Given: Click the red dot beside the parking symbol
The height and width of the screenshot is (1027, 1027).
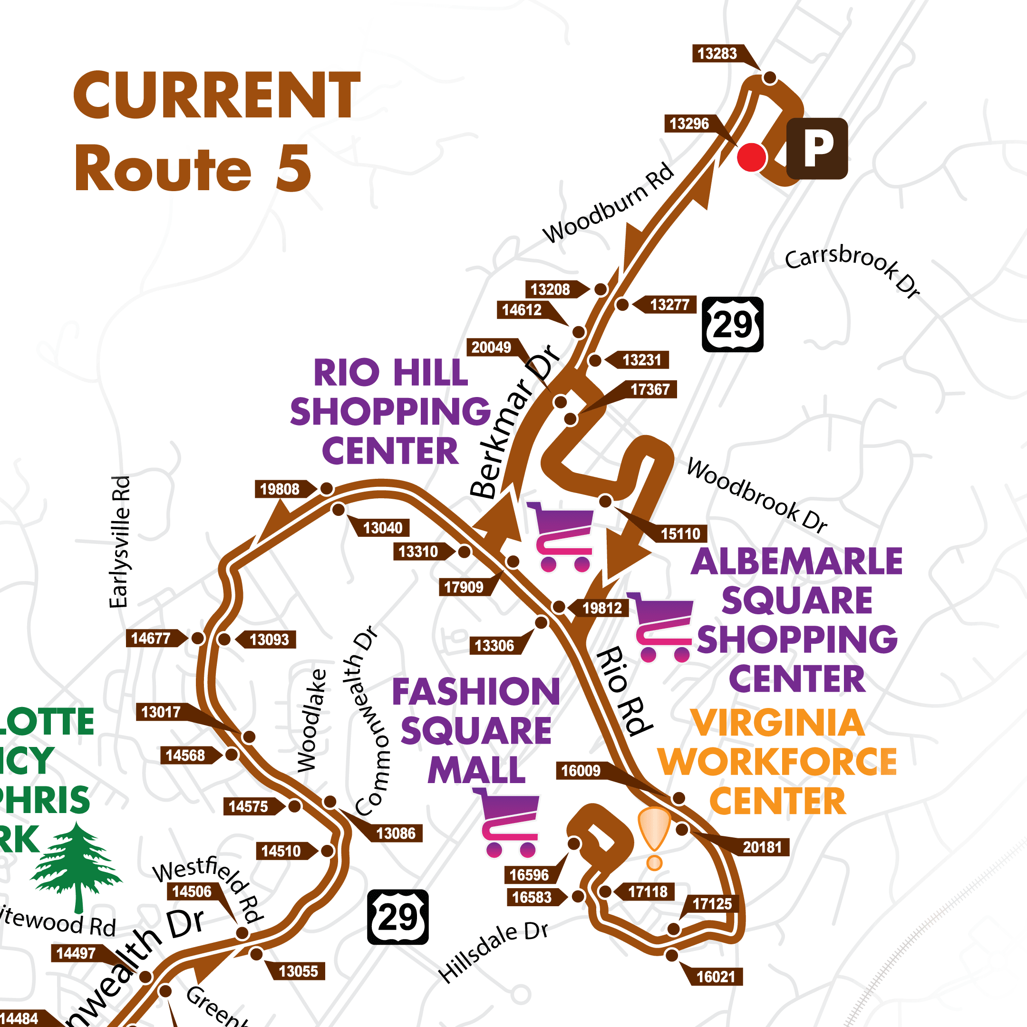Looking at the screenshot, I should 751,157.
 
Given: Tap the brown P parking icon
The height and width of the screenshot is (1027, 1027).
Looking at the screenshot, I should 816,148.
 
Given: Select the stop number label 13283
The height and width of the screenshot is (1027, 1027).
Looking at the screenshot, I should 717,54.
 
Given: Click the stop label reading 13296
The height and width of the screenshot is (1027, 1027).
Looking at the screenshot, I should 689,124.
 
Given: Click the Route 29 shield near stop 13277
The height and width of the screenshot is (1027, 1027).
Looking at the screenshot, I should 733,324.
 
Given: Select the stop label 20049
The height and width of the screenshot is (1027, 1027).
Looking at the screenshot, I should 491,348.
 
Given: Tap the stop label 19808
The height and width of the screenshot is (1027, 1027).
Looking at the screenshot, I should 280,489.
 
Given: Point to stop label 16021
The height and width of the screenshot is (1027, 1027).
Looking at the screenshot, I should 716,977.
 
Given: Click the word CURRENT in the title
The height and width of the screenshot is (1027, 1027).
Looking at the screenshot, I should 217,96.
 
